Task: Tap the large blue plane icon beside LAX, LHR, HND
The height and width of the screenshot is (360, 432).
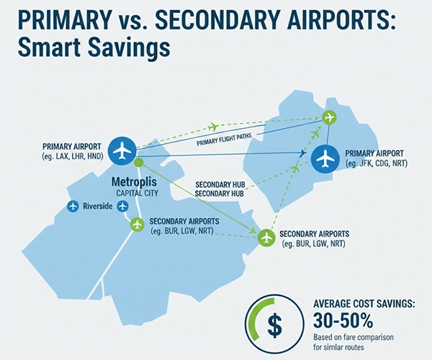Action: pyautogui.click(x=124, y=150)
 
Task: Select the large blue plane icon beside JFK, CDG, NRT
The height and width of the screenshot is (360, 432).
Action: pyautogui.click(x=326, y=158)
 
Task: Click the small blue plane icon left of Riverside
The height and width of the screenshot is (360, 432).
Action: pyautogui.click(x=72, y=207)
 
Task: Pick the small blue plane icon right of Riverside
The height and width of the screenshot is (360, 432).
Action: pyautogui.click(x=124, y=207)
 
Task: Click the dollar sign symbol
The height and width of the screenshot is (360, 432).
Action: pyautogui.click(x=274, y=325)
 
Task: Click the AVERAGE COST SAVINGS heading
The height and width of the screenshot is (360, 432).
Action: pyautogui.click(x=364, y=303)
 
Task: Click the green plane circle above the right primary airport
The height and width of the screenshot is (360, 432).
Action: pyautogui.click(x=330, y=117)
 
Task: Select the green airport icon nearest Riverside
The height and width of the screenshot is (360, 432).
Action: pyautogui.click(x=137, y=224)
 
